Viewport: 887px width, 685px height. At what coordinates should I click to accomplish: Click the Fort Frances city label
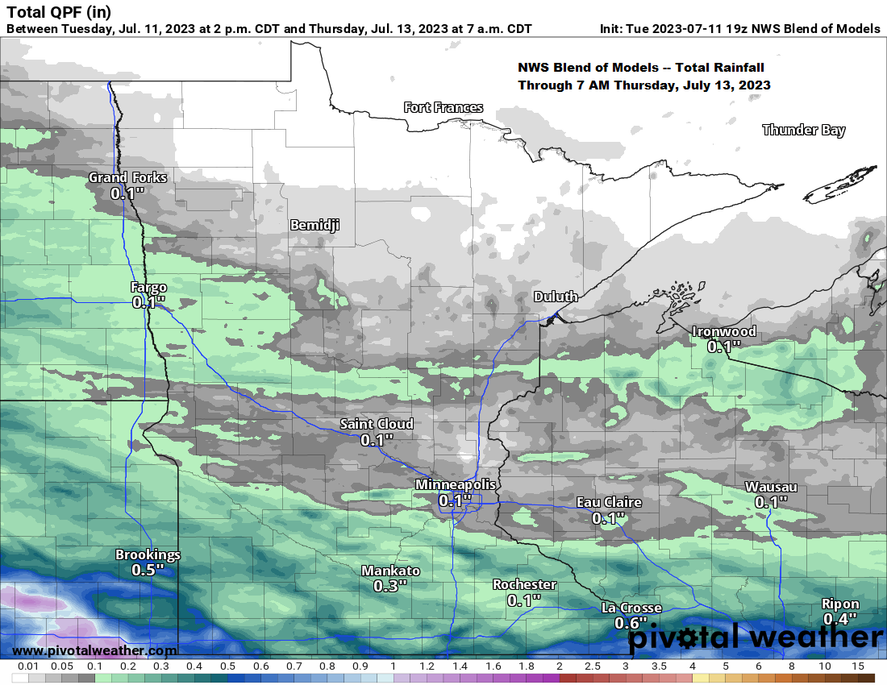coord(443,107)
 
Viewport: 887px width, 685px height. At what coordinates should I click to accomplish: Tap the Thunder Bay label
coord(803,130)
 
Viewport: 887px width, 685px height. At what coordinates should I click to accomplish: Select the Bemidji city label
coord(314,225)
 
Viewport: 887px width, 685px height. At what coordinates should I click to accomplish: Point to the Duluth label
coord(556,297)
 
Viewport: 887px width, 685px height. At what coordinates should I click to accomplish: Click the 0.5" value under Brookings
coord(148,570)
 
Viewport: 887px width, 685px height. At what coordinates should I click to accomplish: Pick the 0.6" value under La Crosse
coord(631,623)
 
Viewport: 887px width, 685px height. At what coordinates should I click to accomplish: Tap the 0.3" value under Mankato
coord(390,586)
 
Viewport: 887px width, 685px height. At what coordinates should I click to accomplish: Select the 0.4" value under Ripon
coord(840,619)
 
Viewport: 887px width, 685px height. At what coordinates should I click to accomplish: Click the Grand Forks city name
coord(127,177)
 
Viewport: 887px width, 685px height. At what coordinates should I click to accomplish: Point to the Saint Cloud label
coord(377,424)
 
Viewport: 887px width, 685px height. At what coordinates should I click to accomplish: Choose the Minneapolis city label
coord(456,484)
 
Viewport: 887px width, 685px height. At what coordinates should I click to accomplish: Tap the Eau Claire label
coord(609,503)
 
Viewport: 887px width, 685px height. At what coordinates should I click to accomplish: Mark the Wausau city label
coord(771,487)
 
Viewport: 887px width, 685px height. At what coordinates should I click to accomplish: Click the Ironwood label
coord(724,331)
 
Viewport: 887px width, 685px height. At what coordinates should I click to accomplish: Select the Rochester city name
coord(525,584)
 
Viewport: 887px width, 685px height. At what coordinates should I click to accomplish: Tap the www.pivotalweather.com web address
coord(95,650)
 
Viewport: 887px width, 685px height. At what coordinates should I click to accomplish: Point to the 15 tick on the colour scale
coord(857,666)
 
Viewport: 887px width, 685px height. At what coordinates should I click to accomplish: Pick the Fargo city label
coord(148,287)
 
